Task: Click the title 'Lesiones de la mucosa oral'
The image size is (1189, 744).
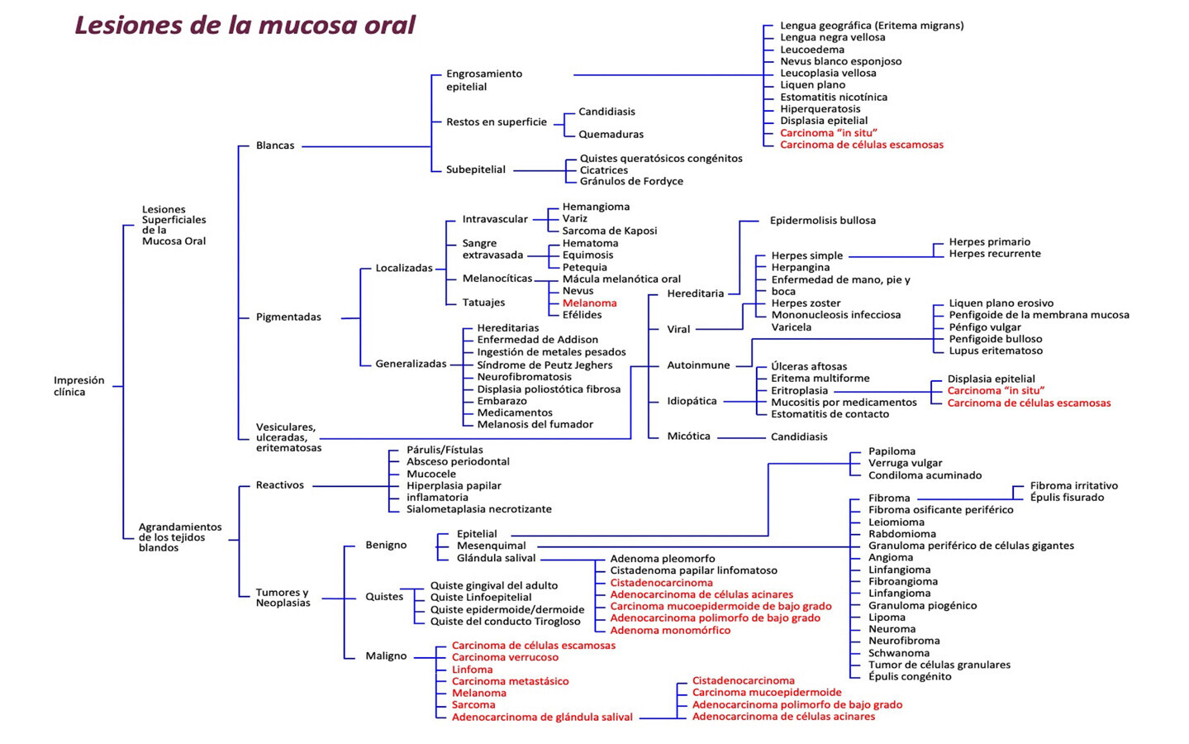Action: tap(245, 25)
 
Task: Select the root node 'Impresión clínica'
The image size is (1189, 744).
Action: tap(78, 386)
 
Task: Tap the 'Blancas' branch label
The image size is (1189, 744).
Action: tap(275, 145)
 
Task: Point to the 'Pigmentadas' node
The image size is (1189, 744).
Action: tap(288, 317)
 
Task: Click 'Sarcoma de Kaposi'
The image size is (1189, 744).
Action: tap(610, 231)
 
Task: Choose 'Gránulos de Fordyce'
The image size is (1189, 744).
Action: tap(631, 181)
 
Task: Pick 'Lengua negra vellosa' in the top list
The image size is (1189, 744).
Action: tap(832, 37)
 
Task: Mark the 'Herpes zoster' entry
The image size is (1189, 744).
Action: tap(806, 303)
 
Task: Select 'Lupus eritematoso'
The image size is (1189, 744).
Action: tap(996, 351)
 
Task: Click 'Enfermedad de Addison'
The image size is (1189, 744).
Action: tap(537, 340)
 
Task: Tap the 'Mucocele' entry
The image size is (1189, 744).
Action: tap(431, 474)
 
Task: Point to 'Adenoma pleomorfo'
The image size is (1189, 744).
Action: tap(663, 559)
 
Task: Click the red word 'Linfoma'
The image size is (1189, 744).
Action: tap(472, 670)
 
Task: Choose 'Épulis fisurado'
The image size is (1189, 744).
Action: tap(1067, 498)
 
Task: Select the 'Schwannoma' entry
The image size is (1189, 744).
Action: tap(899, 653)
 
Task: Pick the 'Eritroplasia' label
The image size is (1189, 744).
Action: tap(799, 390)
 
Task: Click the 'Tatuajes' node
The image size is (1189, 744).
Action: tap(483, 303)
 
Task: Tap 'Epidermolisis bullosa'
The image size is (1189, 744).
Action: tap(822, 221)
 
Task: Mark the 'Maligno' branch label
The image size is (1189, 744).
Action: tap(386, 656)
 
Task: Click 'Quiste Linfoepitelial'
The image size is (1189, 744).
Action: tap(481, 598)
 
